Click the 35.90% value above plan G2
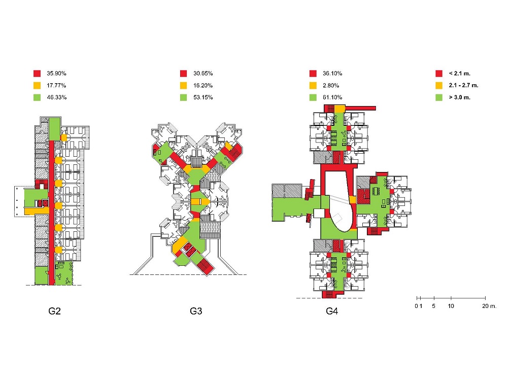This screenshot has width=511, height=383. [56, 73]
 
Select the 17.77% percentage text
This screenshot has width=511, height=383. [56, 85]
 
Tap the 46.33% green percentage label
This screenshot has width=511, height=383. [57, 97]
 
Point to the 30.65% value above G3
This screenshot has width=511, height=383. [203, 73]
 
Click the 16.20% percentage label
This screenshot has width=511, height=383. [203, 85]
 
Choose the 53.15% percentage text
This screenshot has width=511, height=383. [203, 97]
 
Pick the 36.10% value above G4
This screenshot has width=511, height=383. [332, 73]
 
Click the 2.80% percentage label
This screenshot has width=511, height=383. [331, 85]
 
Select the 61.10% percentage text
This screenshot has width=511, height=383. [332, 97]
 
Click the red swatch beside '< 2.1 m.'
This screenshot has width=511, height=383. [439, 73]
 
